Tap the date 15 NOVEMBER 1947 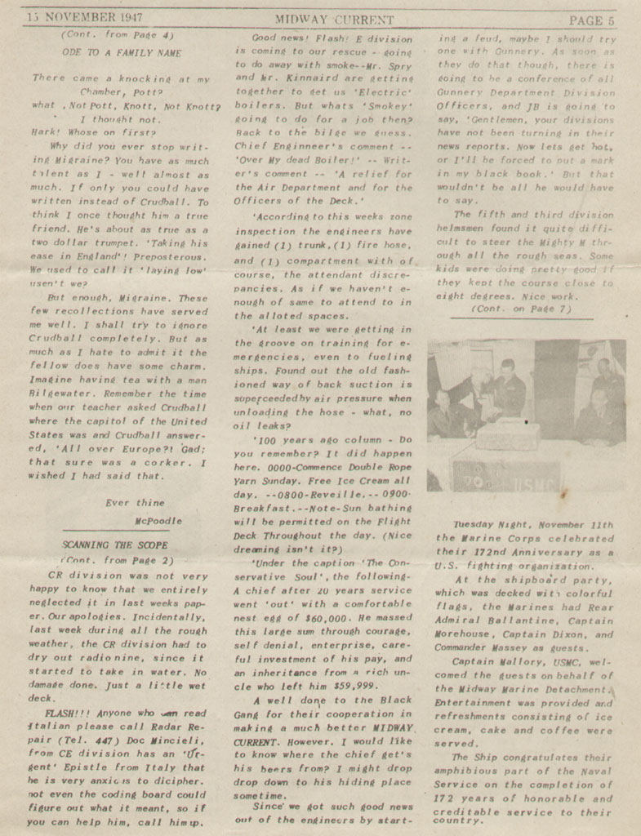point(73,18)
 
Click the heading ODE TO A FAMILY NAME point(121,52)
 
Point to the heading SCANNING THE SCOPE point(115,545)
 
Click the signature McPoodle point(159,520)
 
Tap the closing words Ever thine point(135,502)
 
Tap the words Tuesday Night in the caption point(489,525)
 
